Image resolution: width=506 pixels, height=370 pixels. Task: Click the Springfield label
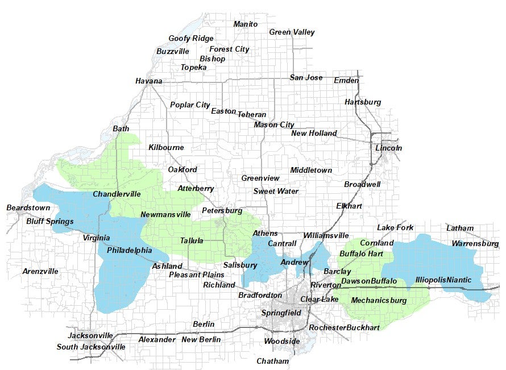[281, 313]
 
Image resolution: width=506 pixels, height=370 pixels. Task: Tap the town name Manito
[246, 24]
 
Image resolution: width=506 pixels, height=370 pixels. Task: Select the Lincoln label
[388, 148]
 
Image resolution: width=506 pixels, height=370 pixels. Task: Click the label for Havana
[148, 81]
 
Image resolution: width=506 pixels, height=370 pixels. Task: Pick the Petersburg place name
[222, 211]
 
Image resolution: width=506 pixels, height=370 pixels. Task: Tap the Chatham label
[272, 361]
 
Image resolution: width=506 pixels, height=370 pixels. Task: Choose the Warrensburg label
[475, 244]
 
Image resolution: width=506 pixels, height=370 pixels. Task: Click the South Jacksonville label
[91, 347]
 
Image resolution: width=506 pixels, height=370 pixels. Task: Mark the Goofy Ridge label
[191, 39]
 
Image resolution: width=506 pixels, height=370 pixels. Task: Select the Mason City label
[273, 125]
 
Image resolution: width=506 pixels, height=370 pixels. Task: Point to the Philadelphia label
[129, 251]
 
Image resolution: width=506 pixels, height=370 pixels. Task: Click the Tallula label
[192, 241]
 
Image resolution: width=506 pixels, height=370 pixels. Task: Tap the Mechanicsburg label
[379, 301]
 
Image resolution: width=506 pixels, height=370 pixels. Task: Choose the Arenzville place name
[40, 272]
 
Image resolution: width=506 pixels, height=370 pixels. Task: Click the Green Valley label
[292, 32]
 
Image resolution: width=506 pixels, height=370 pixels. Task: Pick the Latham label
[459, 228]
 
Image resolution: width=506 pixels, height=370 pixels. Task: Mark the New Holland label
[314, 134]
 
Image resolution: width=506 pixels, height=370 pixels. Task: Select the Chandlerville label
[117, 194]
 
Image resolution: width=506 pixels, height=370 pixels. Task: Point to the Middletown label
[311, 171]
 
